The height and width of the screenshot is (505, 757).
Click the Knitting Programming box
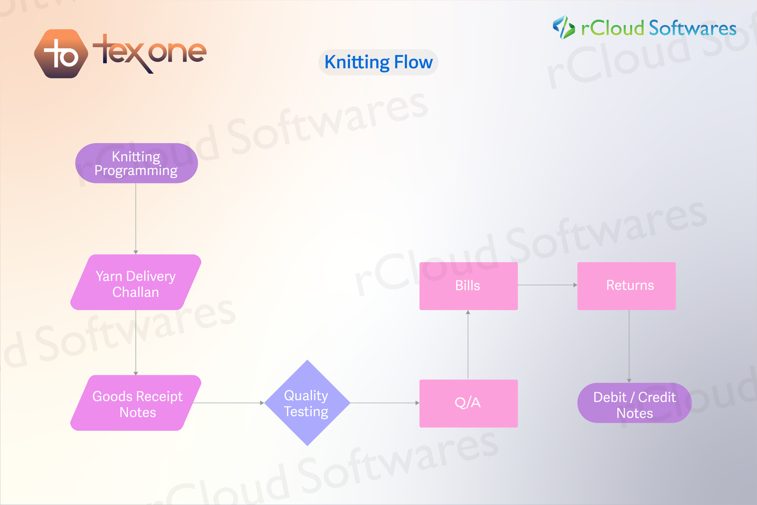tap(136, 163)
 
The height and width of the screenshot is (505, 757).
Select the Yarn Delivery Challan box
tap(136, 283)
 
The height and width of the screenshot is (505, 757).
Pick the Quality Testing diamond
tap(307, 403)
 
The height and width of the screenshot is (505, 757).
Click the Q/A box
tap(468, 403)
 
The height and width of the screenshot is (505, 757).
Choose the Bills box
tap(468, 286)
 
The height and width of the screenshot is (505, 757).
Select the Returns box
tap(626, 286)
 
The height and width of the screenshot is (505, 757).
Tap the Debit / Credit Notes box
tap(634, 403)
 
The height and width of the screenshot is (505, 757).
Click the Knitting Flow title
tap(378, 62)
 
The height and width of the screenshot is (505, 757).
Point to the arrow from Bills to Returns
tap(547, 285)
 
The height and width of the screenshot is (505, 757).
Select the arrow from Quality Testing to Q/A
tap(384, 403)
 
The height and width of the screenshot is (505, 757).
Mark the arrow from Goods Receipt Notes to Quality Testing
tap(229, 403)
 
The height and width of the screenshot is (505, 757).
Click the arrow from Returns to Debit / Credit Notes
tap(629, 346)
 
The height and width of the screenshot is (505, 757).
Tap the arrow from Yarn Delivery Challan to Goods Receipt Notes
tap(136, 342)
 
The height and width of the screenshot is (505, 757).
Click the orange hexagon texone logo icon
tap(61, 53)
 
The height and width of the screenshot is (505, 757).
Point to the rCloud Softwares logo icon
tap(563, 27)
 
